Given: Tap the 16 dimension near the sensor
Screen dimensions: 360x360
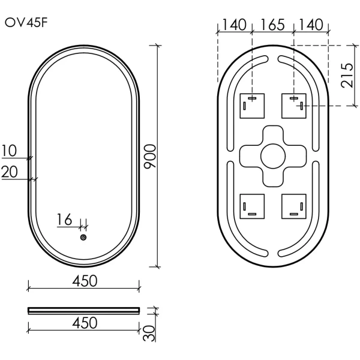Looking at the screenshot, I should coord(65,220).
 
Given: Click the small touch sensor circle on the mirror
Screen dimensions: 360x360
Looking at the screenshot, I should coord(83,237).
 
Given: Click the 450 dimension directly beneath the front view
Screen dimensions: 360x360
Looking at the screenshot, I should coord(84,281).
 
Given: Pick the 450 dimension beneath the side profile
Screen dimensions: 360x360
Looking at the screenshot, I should coord(84,323).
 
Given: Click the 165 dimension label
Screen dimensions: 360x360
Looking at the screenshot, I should coord(273,25).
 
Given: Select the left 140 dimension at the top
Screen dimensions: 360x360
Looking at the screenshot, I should coord(234,25).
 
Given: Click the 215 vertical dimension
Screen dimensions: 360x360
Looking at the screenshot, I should coord(347,74).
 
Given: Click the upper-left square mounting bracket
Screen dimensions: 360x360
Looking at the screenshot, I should coord(253,106).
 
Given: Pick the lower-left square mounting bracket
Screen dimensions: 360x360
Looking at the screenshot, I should coord(253,206).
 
